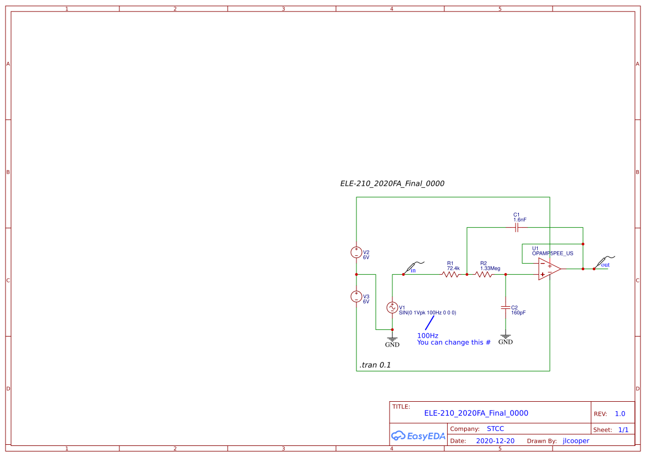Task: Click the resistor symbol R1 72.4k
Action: tap(451, 274)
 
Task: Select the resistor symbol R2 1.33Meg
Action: tap(484, 274)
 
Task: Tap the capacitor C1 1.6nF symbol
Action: tap(517, 227)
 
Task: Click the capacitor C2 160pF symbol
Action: tap(505, 307)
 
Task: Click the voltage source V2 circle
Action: tap(356, 253)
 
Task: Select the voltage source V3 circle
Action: tap(356, 296)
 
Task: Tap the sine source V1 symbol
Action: tap(392, 307)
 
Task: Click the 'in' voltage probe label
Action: tap(412, 270)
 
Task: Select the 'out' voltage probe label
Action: tap(605, 265)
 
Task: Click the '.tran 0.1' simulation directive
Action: tap(375, 365)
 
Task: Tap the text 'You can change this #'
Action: tap(454, 343)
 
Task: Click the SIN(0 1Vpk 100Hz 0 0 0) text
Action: tap(427, 313)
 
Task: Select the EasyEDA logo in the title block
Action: tap(418, 435)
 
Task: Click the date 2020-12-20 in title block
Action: tap(495, 441)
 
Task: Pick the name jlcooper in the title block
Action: tap(576, 441)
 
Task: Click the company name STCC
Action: tap(495, 429)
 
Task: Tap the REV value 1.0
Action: tap(619, 414)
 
